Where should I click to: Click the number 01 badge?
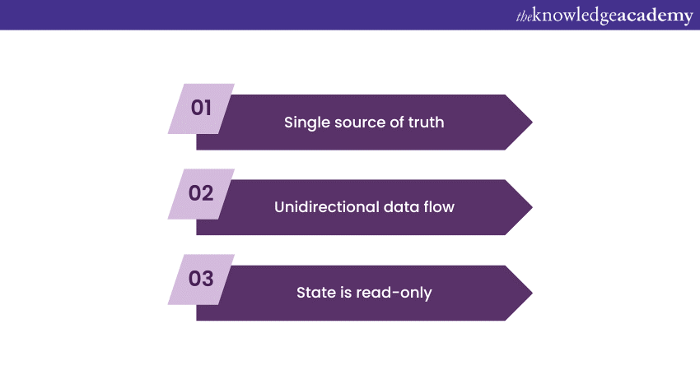(201, 108)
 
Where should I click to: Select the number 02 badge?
(201, 193)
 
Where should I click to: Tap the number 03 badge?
(201, 279)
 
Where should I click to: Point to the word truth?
(425, 123)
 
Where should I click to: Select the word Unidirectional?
(325, 207)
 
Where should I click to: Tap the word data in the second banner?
(402, 207)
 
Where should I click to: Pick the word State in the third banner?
(315, 293)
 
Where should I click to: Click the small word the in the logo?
(525, 16)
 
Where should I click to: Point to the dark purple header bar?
(247, 15)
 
